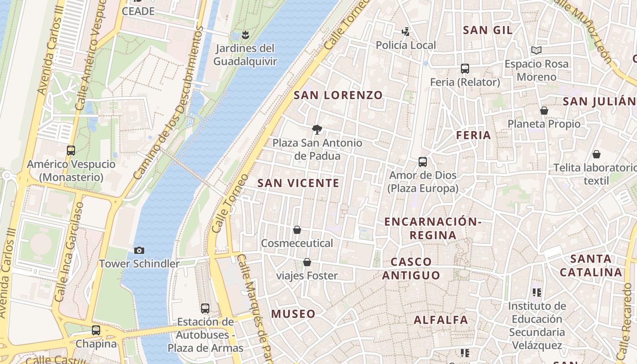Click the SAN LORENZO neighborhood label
point(338,95)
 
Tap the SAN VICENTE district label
point(298,183)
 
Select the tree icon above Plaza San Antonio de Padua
point(317,130)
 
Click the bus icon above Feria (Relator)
point(465,69)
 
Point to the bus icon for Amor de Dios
point(423,162)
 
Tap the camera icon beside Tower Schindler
point(139,250)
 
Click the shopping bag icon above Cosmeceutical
point(297,230)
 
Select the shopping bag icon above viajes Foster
point(307,262)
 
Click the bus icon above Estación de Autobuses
point(205,308)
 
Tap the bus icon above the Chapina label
point(96,330)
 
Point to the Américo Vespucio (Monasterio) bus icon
point(71,151)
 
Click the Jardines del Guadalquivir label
point(245,55)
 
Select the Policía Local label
point(405,45)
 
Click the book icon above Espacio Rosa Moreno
point(536,50)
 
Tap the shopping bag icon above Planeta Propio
point(544,111)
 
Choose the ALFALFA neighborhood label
point(440,320)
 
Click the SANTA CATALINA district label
point(591,266)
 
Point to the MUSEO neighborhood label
point(293,313)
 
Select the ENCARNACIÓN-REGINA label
point(433,228)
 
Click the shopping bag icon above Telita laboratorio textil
point(596,155)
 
